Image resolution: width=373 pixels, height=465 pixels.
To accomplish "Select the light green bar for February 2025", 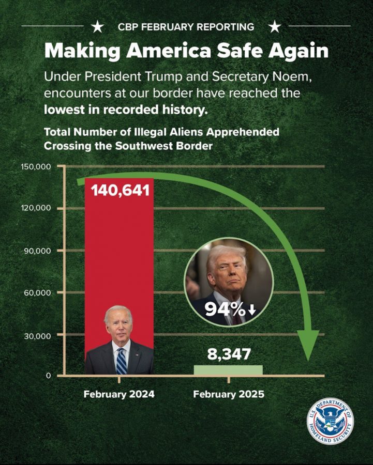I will [x=228, y=370].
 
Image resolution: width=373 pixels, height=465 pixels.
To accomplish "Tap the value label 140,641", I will [x=120, y=190].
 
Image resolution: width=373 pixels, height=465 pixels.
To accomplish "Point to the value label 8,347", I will [x=229, y=354].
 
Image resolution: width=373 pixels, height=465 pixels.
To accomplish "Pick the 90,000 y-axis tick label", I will [x=38, y=251].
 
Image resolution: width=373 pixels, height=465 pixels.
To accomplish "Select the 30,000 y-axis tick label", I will [x=38, y=335].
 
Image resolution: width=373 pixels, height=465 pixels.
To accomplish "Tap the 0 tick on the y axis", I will [x=47, y=376].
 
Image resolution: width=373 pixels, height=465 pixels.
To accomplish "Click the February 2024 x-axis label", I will [x=119, y=394].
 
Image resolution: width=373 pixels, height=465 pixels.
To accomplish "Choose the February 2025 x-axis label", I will [x=229, y=394].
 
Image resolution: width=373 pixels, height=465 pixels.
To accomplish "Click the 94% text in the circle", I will [x=225, y=309].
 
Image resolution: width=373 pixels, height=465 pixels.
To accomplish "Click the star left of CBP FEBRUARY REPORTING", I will [x=96, y=26].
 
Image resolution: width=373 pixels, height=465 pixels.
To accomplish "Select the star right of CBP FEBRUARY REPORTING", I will [x=275, y=26].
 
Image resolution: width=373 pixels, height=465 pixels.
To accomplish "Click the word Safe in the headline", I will [x=235, y=51].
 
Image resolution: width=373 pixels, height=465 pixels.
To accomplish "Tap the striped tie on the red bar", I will [x=121, y=361].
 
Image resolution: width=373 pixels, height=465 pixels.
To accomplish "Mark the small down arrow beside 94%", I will [x=252, y=310].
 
